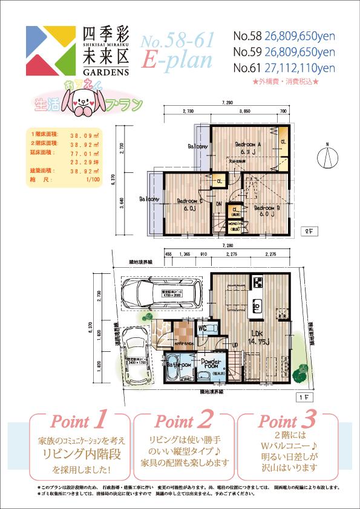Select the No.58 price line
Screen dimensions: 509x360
[x=284, y=36]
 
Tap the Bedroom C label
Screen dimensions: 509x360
[x=189, y=204]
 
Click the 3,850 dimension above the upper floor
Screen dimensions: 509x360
[x=244, y=112]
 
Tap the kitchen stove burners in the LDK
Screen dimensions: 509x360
[x=257, y=282]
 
